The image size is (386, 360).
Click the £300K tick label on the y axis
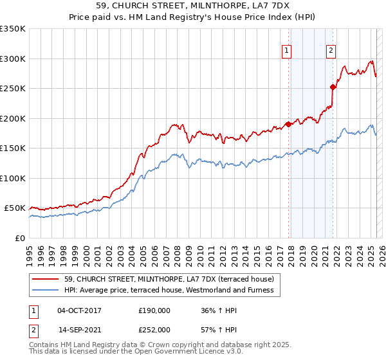13,59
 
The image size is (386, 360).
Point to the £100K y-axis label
13,178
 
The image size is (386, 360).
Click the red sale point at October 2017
288,125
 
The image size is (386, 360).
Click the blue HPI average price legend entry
169,290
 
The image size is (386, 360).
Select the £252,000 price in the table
154,329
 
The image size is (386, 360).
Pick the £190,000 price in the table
154,310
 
